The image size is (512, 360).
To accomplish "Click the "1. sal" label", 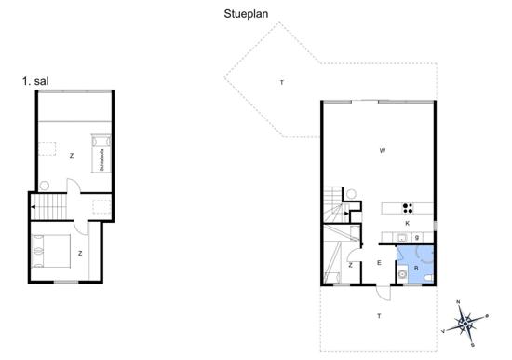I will pos(34,82).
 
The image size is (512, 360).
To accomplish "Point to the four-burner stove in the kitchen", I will pos(407,209).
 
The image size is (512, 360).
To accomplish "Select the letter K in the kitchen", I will pos(407,225).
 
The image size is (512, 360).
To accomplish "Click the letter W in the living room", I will pos(383,151).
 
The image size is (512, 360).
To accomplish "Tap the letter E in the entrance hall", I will pos(379,263).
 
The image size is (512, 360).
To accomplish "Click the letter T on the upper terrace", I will pos(281,85).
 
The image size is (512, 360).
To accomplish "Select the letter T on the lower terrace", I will pos(380,317).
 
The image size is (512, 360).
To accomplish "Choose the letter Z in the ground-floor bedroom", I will pos(350,265).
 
